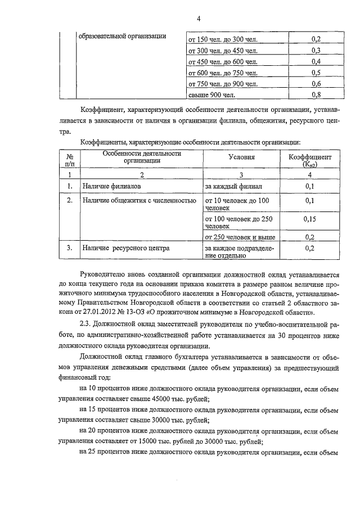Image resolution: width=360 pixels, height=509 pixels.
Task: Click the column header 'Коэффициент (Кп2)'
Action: (311, 161)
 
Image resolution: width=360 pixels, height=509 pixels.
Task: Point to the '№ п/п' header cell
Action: (70, 160)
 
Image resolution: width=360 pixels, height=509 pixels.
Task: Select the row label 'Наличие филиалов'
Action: (112, 185)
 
